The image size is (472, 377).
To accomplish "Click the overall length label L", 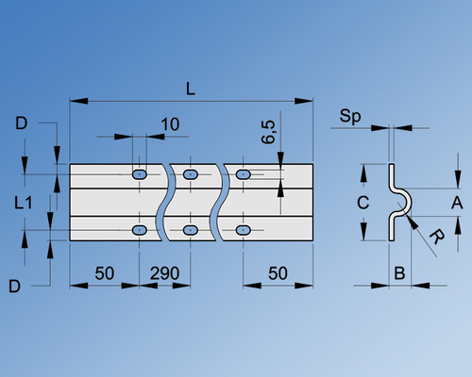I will click(191, 89).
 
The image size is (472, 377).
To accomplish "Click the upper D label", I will click(21, 123).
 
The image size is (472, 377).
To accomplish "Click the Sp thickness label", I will click(350, 116).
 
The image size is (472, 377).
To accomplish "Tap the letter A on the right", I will click(456, 202).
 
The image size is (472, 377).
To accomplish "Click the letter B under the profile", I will click(399, 273).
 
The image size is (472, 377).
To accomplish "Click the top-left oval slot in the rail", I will click(140, 174).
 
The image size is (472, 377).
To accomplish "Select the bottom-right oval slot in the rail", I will click(244, 230).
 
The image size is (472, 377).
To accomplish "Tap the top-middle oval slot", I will click(192, 174).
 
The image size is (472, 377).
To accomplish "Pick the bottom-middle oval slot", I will click(192, 230).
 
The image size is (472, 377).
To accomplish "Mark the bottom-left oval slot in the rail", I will click(140, 230).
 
